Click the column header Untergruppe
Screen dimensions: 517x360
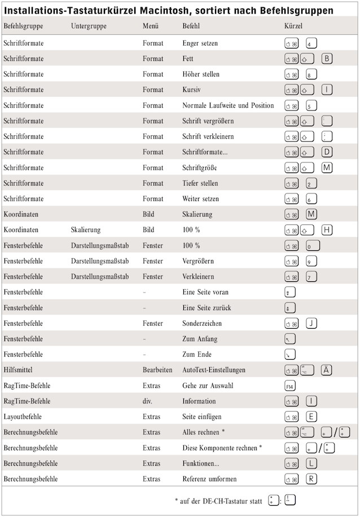[x=86, y=26]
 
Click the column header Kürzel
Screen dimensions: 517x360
[x=294, y=26]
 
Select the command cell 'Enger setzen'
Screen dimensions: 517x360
[x=200, y=43]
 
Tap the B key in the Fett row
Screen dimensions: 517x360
[x=327, y=58]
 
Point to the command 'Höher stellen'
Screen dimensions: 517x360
[x=201, y=74]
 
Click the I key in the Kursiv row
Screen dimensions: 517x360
[x=327, y=90]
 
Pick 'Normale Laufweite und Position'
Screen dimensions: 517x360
[x=228, y=105]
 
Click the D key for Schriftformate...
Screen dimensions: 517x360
[x=327, y=152]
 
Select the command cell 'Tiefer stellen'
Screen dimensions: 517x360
[x=200, y=183]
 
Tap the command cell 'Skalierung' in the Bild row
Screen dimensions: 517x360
[x=197, y=214]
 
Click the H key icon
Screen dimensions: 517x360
[x=327, y=229]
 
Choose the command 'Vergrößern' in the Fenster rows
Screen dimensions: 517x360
[x=198, y=261]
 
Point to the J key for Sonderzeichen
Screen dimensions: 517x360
[x=312, y=323]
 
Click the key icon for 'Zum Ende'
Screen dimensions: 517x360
[x=291, y=354]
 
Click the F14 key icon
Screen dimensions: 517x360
[x=291, y=386]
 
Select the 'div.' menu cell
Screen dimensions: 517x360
[x=148, y=401]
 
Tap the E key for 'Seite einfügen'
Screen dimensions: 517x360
[x=312, y=417]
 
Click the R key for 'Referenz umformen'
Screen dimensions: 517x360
[x=312, y=479]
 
